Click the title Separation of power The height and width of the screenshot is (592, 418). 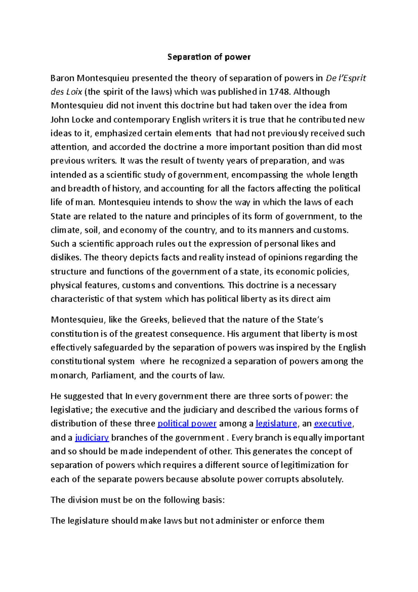[209, 57]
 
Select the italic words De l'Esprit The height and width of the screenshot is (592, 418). [346, 78]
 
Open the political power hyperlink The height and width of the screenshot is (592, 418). [187, 424]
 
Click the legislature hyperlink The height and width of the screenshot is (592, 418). [276, 424]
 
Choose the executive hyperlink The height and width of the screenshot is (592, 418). [333, 424]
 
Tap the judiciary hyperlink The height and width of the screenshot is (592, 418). [92, 438]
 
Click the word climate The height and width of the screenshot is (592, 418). [65, 230]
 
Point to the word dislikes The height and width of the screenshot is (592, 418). [65, 258]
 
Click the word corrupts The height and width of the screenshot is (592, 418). [282, 479]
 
